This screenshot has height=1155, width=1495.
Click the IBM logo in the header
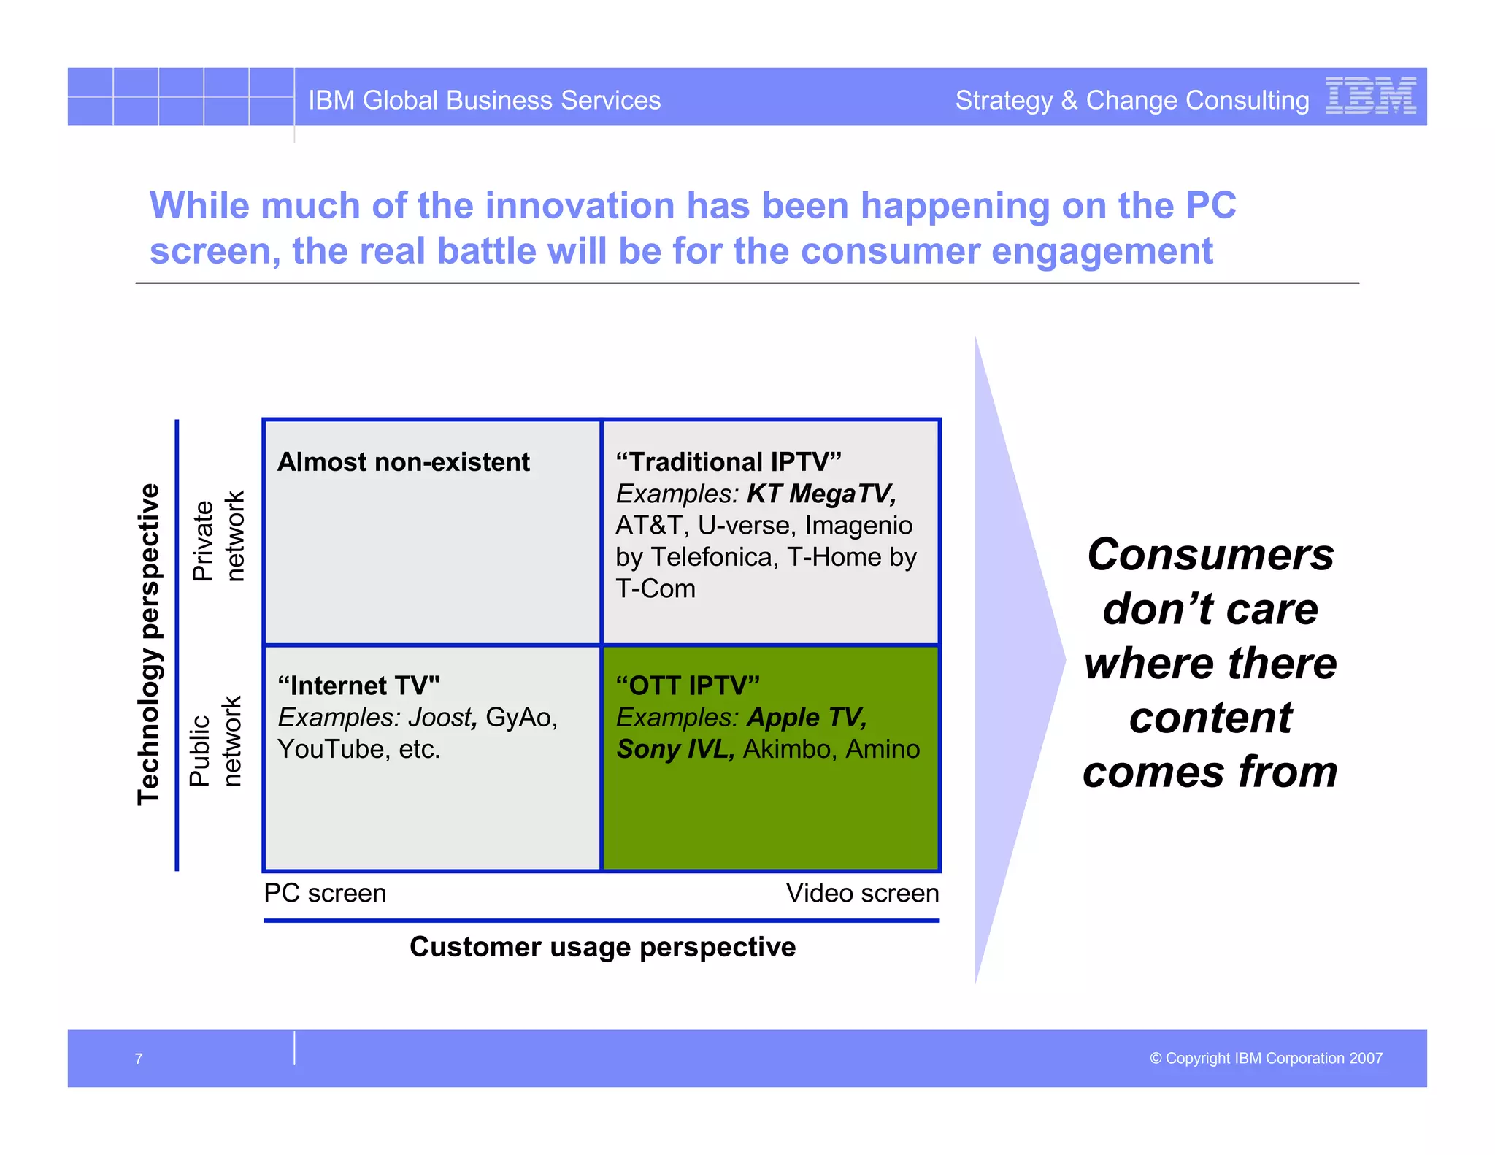(1370, 96)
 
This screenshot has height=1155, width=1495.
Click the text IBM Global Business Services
(484, 100)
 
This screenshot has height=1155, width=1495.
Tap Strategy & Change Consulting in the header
(1131, 100)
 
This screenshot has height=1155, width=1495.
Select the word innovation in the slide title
(580, 205)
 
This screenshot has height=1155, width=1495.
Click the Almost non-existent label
(403, 462)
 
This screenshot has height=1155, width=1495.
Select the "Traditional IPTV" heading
(728, 462)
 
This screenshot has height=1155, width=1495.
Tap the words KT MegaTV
(820, 494)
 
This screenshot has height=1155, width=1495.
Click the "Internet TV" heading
(358, 686)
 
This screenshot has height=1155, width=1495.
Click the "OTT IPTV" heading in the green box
(687, 686)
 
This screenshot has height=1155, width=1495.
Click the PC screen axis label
(325, 893)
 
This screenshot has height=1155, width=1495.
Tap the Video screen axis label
(862, 893)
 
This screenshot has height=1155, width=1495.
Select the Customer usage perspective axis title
(602, 947)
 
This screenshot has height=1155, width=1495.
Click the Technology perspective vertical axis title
(149, 644)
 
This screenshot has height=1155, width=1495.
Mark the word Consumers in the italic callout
(1210, 555)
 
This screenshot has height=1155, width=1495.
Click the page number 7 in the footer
(139, 1059)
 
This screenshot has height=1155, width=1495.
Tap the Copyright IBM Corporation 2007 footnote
(1266, 1058)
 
